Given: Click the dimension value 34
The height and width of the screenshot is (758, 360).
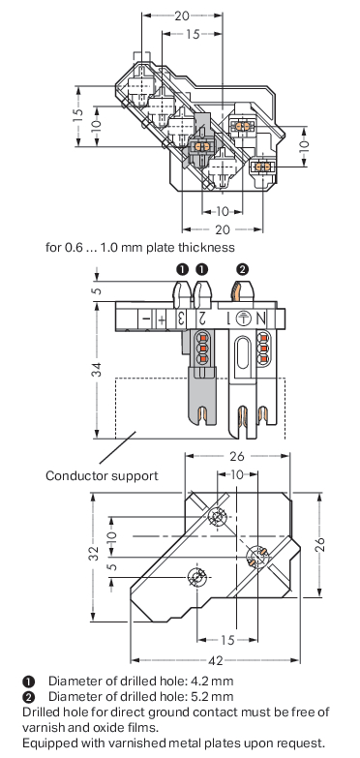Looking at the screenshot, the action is click(x=97, y=370).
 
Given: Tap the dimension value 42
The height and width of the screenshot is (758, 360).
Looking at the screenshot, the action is click(x=218, y=661).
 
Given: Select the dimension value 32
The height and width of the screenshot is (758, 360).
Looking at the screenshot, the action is click(x=95, y=553).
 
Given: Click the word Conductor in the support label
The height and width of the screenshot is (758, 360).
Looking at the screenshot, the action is click(x=76, y=475).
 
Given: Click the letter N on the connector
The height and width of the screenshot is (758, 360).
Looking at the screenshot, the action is click(x=261, y=319).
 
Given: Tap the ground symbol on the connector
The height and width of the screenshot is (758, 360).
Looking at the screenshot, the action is click(x=244, y=318).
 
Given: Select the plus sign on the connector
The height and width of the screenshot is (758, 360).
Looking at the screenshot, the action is click(x=162, y=319).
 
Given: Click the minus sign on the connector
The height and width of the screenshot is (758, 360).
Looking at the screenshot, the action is click(x=145, y=319).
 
